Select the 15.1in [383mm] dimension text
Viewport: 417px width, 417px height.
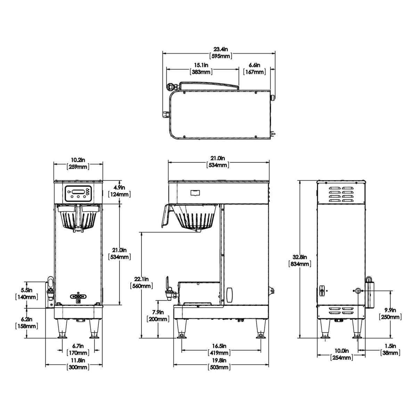201,68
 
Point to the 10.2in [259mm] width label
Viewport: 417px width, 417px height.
78,163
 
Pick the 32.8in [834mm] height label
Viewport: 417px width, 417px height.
300,261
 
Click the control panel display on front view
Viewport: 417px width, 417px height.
78,191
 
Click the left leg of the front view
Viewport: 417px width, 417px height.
63,328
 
